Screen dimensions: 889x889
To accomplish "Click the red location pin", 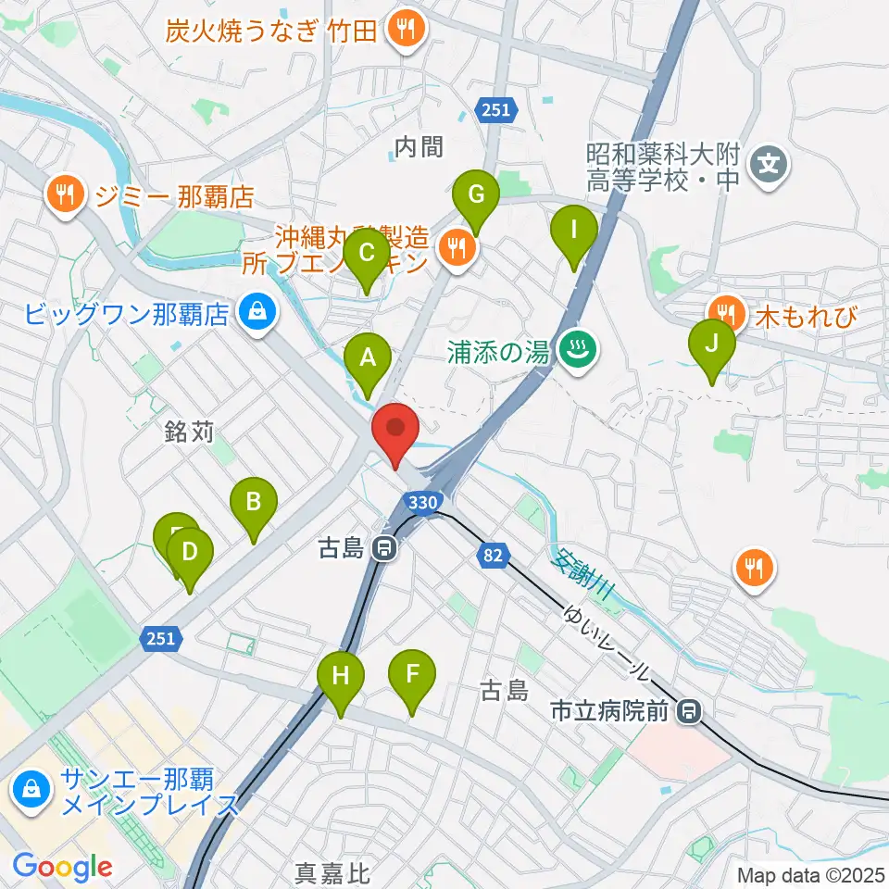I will [395, 429].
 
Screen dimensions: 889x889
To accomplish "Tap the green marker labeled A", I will [368, 357].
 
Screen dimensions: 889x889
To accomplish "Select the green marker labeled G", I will [476, 195].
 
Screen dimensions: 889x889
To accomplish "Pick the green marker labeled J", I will [712, 344].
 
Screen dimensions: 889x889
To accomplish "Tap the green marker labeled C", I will [367, 253].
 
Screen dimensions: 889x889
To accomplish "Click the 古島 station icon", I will [382, 549].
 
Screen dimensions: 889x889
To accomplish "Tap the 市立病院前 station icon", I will [688, 711].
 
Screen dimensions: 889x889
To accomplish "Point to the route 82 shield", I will [492, 555].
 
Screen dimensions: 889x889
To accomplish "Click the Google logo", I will [62, 867].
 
